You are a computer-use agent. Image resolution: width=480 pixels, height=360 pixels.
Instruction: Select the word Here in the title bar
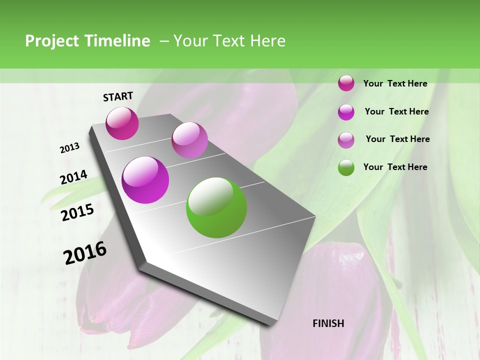(x=267, y=41)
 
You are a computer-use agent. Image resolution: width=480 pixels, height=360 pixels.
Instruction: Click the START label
(x=118, y=96)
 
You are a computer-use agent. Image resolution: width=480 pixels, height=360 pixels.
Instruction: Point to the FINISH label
(x=328, y=323)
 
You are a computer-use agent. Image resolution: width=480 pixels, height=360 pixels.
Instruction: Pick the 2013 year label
(x=69, y=148)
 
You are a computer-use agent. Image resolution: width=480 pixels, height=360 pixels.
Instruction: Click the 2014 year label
(x=73, y=177)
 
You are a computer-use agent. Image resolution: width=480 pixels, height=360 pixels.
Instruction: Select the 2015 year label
(x=77, y=212)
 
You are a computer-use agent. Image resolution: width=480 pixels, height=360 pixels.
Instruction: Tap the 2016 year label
(x=85, y=253)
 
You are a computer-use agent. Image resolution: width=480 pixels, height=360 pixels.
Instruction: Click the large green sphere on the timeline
(x=216, y=207)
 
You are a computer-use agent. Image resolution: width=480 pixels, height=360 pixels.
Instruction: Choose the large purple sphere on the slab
(x=145, y=180)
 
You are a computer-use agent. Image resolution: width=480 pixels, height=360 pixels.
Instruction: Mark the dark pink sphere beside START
(x=122, y=123)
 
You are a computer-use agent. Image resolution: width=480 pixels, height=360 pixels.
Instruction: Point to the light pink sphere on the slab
(x=189, y=140)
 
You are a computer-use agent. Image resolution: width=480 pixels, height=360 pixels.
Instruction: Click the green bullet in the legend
(x=346, y=167)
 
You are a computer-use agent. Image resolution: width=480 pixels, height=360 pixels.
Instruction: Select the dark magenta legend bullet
(x=346, y=83)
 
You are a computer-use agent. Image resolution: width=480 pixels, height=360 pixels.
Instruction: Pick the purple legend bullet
(x=346, y=112)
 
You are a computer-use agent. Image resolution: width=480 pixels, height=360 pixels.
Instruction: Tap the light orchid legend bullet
(x=346, y=140)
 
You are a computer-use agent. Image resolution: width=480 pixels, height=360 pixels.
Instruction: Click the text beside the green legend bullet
(x=395, y=167)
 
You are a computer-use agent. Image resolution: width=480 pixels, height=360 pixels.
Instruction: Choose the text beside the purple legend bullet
(x=396, y=111)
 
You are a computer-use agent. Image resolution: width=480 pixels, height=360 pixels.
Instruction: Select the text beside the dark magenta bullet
(x=395, y=83)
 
